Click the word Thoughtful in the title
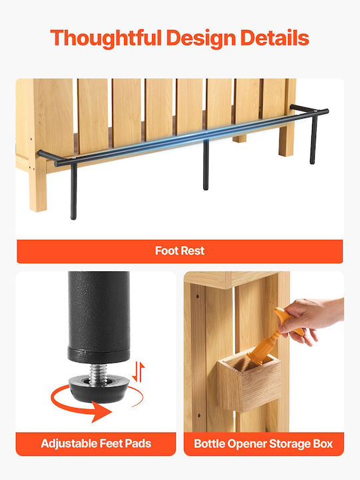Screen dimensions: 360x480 pyautogui.click(x=105, y=38)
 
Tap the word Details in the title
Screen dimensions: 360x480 pyautogui.click(x=275, y=37)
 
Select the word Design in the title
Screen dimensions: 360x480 pyautogui.click(x=201, y=39)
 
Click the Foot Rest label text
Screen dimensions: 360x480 pyautogui.click(x=180, y=251)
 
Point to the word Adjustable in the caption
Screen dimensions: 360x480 pyautogui.click(x=69, y=443)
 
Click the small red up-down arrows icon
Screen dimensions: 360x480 pyautogui.click(x=139, y=371)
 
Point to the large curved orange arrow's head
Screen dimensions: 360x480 pyautogui.click(x=101, y=411)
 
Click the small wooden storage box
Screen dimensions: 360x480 pyautogui.click(x=249, y=381)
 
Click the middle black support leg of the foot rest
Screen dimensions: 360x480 pyautogui.click(x=206, y=165)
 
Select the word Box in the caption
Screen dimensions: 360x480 pyautogui.click(x=323, y=443)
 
